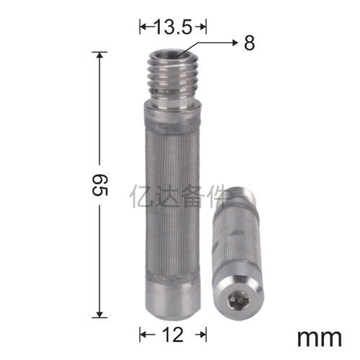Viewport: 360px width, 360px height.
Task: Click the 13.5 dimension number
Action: coord(174,27)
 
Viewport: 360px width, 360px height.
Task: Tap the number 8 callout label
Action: coord(249,43)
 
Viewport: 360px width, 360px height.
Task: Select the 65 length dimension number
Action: coord(100,185)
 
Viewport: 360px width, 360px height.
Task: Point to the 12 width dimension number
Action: coord(173,335)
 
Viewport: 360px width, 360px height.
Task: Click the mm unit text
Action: coord(320,338)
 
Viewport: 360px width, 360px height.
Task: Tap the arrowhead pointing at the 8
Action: coord(235,43)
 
